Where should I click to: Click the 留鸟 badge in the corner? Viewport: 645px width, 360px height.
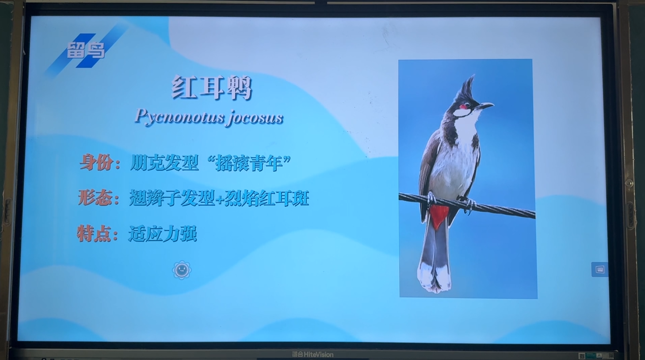[86, 50]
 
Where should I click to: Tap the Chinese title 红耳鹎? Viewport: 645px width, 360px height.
[212, 88]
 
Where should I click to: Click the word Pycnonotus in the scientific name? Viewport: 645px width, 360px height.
[180, 117]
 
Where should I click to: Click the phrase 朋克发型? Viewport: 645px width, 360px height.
[164, 163]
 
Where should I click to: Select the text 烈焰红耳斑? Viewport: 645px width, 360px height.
[267, 198]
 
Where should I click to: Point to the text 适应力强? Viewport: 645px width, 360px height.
[163, 234]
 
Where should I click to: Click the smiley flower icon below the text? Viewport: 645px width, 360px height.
[182, 270]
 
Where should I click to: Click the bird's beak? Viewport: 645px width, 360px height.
[485, 106]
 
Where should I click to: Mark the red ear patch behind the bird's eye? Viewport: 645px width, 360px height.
[464, 107]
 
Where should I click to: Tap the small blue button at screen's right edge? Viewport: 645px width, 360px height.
[600, 269]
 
